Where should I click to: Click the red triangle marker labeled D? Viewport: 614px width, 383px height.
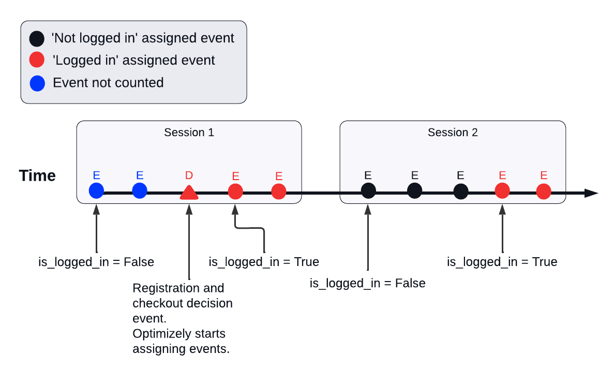tap(189, 193)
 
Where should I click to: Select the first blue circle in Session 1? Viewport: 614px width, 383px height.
tap(96, 190)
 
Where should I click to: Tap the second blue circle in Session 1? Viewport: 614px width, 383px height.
tap(139, 190)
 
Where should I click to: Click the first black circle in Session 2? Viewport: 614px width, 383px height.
tap(368, 191)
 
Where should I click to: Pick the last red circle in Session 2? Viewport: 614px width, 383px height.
tap(544, 192)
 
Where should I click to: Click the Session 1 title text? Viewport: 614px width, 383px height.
tap(189, 132)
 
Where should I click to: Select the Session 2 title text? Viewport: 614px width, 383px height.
tap(453, 132)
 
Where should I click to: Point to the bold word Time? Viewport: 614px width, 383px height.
tap(38, 175)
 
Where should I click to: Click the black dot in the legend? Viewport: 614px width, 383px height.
tap(37, 38)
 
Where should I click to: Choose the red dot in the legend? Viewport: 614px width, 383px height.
tap(37, 61)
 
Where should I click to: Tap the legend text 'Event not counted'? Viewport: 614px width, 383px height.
tap(108, 83)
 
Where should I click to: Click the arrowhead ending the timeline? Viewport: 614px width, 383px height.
tap(592, 193)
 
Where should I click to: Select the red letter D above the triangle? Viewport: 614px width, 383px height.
tap(189, 176)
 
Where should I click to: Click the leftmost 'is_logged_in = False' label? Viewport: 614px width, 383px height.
tap(96, 262)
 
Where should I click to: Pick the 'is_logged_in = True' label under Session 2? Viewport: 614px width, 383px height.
tap(502, 262)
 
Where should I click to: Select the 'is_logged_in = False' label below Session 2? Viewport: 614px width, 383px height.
tap(367, 284)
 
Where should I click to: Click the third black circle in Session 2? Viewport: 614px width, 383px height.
tap(461, 192)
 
